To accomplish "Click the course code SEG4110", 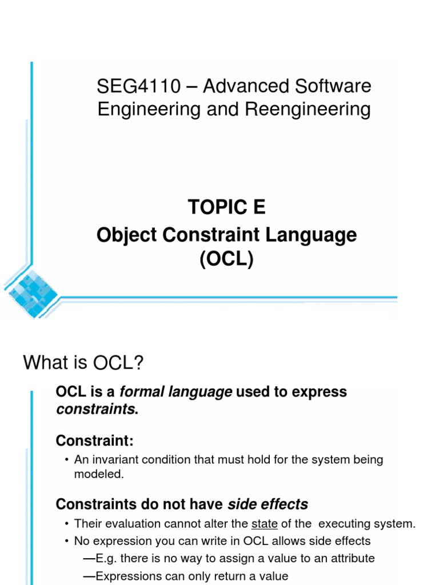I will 138,87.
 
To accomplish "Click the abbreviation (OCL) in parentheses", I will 226,259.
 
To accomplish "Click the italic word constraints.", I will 95,409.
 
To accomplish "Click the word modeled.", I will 98,474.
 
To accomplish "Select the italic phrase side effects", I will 268,504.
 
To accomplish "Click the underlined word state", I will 264,524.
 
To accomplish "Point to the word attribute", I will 348,559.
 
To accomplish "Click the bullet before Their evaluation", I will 67,524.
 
